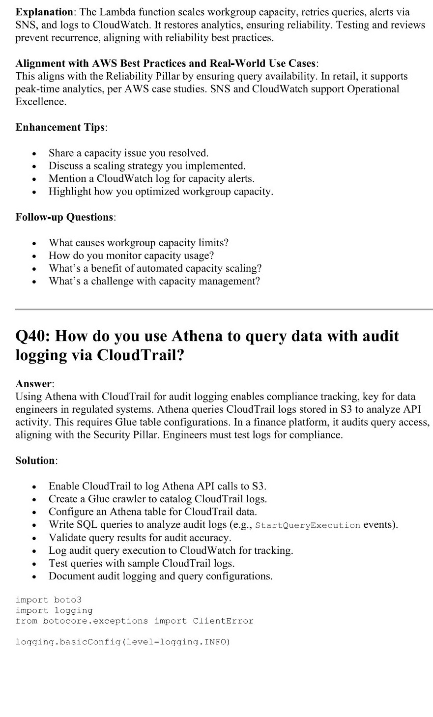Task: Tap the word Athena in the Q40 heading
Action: pos(198,336)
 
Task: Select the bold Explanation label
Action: pos(44,12)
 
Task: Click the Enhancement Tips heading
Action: pos(60,127)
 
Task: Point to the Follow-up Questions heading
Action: pos(65,217)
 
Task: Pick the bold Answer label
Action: pos(34,384)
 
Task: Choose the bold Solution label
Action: pos(36,460)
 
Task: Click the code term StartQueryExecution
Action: pos(308,525)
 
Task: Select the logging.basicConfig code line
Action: pos(123,642)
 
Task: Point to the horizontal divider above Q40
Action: pos(224,309)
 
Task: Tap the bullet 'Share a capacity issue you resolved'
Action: pos(128,153)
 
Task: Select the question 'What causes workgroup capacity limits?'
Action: pos(139,243)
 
